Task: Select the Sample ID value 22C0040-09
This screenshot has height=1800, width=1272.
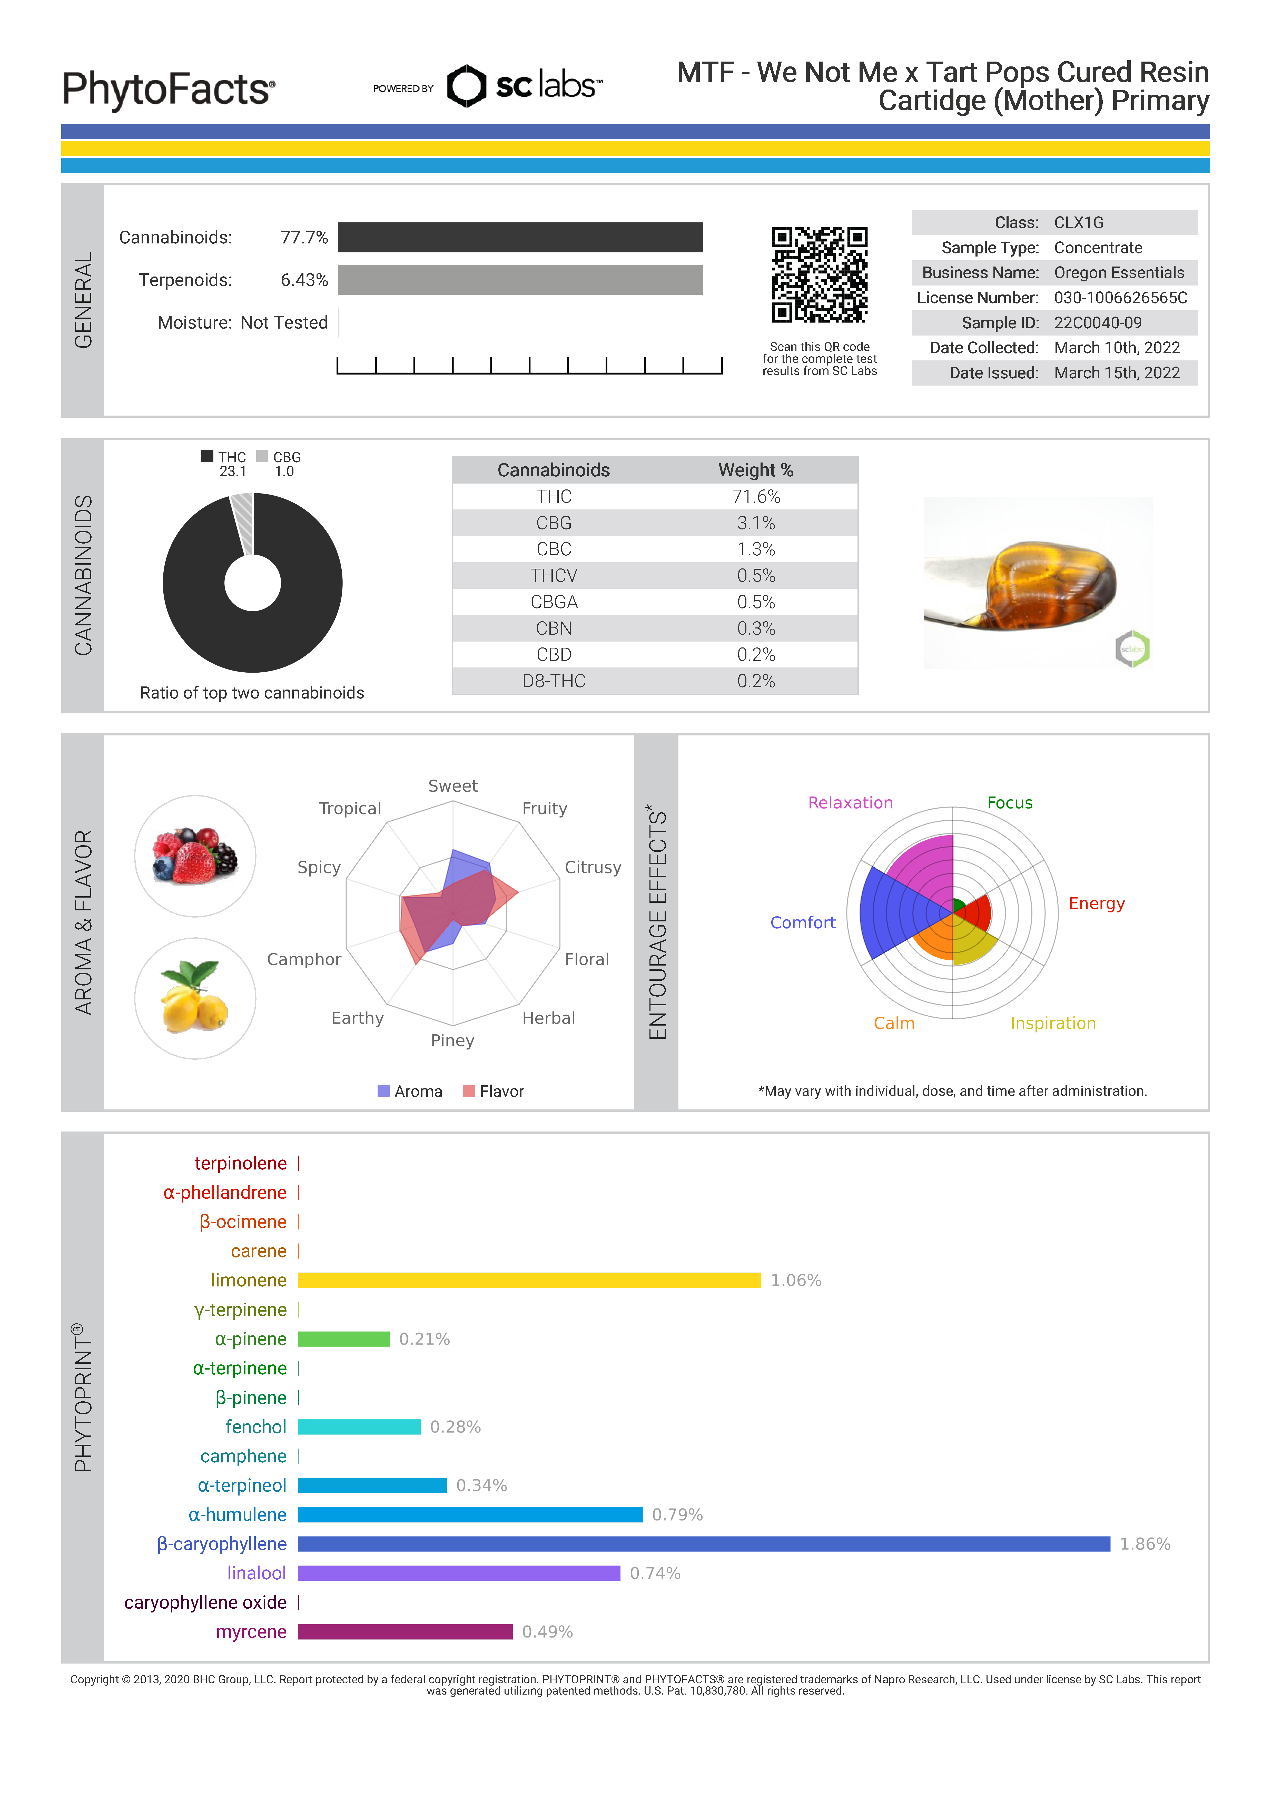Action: pyautogui.click(x=1097, y=323)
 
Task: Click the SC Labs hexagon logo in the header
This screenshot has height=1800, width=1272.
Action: pyautogui.click(x=466, y=86)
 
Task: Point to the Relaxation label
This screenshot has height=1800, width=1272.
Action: pyautogui.click(x=850, y=803)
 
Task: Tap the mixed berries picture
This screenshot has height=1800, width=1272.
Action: pyautogui.click(x=195, y=856)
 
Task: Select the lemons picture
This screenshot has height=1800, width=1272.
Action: pyautogui.click(x=195, y=998)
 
